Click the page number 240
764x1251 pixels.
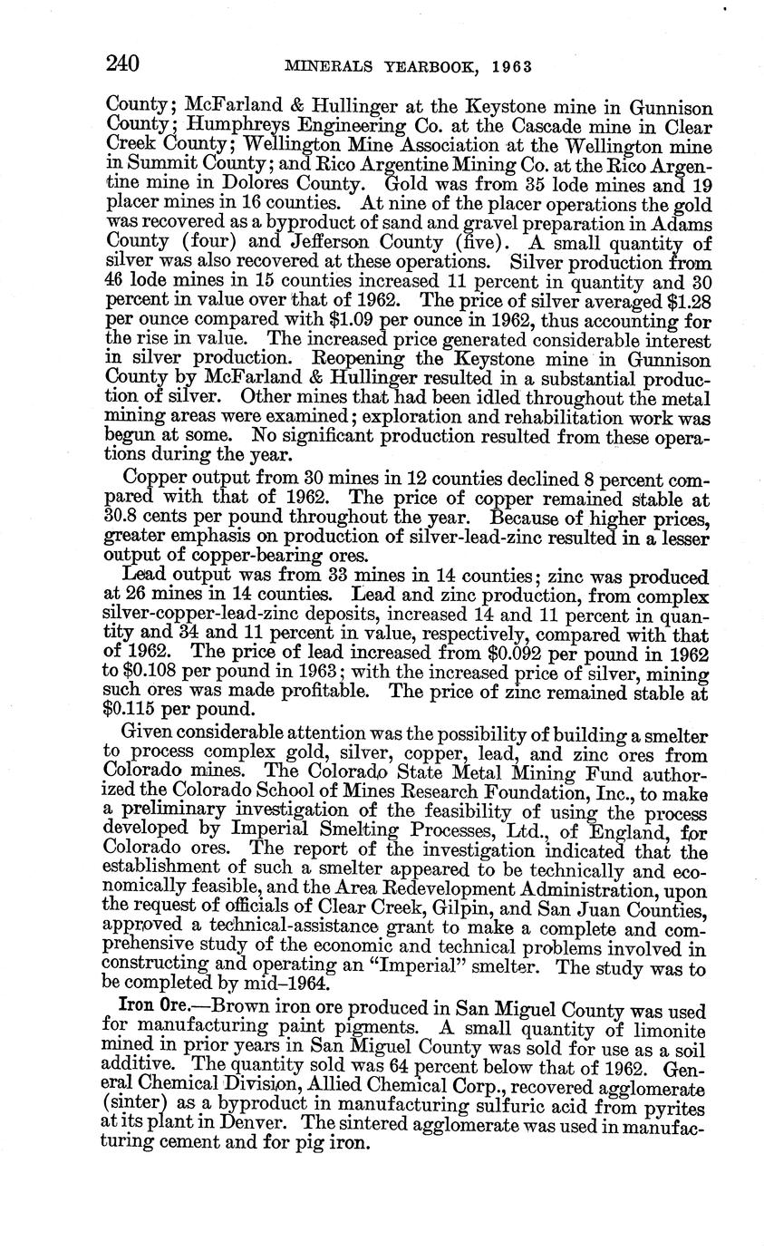pyautogui.click(x=121, y=63)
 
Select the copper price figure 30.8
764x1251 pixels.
pyautogui.click(x=128, y=517)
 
